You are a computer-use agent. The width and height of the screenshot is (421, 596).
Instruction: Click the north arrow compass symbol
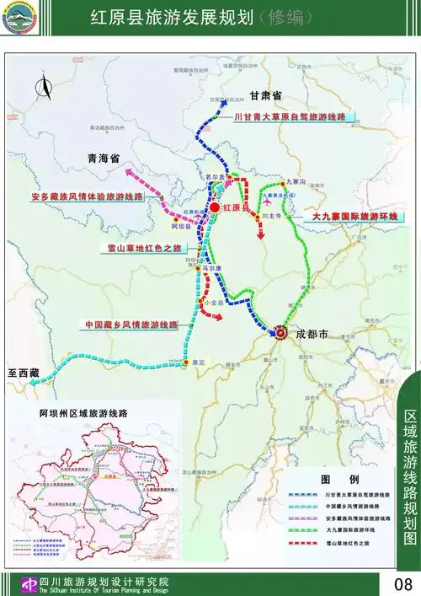[44, 85]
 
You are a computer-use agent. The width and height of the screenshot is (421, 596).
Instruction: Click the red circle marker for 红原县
[215, 207]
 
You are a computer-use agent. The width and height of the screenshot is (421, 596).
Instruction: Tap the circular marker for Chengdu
[280, 333]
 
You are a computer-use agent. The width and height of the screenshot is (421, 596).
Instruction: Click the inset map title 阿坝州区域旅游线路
[83, 414]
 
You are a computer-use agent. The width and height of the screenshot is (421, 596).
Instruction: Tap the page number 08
[402, 583]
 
